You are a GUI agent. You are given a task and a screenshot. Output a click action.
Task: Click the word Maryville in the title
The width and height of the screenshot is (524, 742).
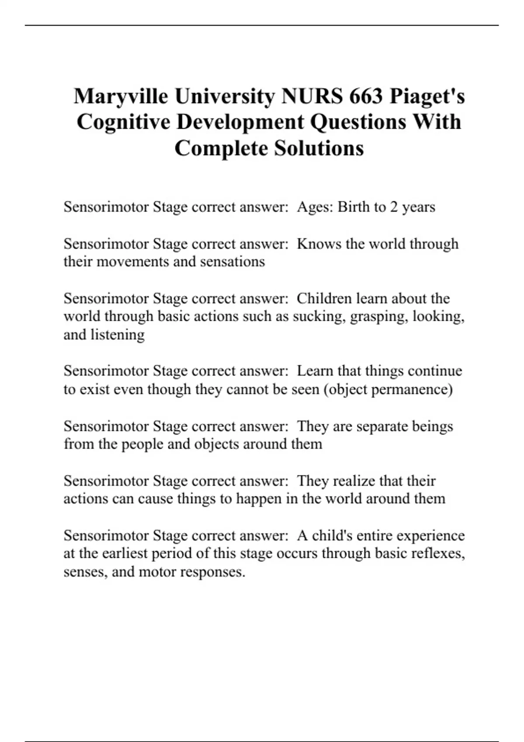tap(121, 96)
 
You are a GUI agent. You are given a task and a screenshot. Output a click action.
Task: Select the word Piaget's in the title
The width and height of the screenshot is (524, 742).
tap(427, 96)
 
